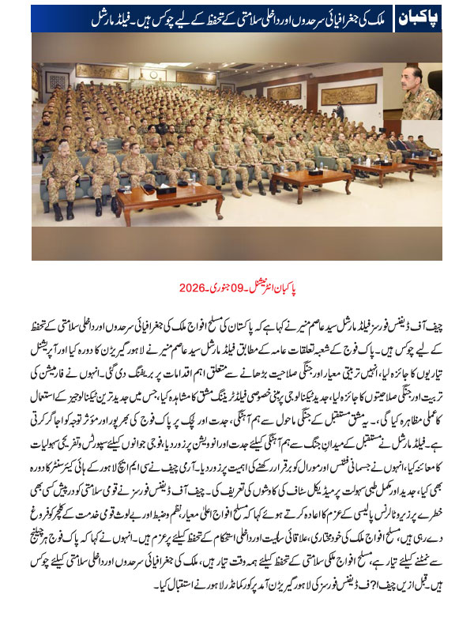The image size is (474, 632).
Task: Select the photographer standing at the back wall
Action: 339,111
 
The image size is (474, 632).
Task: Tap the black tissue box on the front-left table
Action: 166,190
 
